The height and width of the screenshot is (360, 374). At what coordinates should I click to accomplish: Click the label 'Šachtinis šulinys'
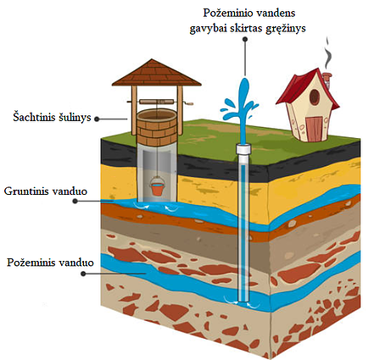[52, 117]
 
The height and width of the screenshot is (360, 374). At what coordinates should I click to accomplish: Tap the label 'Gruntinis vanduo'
[46, 191]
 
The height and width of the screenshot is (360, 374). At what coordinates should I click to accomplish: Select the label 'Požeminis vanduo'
[50, 263]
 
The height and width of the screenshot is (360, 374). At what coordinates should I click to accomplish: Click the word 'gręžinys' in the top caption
[286, 29]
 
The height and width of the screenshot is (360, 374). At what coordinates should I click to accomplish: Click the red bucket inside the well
[156, 187]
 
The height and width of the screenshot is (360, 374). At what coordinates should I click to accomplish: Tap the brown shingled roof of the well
[157, 73]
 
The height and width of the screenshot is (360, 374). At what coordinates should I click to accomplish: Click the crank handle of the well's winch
[188, 103]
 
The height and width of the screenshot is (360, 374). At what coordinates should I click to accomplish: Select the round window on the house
[315, 97]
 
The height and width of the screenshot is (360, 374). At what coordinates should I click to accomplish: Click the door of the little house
[313, 129]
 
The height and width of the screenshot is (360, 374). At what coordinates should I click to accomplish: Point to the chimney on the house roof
[327, 79]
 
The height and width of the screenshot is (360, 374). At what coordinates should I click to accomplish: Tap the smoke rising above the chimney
[328, 53]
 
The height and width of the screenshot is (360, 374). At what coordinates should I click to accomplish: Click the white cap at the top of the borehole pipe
[243, 148]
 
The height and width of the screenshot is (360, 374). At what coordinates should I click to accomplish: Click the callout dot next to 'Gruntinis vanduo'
[75, 201]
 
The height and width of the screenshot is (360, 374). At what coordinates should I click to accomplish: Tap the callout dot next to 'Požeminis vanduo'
[83, 274]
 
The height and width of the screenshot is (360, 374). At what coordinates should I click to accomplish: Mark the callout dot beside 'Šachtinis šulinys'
[97, 119]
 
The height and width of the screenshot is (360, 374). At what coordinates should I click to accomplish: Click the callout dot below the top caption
[245, 40]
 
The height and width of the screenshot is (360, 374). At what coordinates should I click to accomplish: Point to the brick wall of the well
[157, 129]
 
